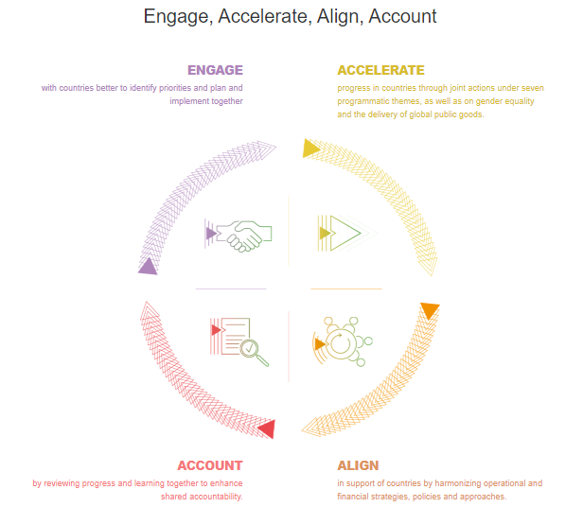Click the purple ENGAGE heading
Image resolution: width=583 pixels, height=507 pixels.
pos(215,70)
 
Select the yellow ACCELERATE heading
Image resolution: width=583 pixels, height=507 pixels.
pos(380,70)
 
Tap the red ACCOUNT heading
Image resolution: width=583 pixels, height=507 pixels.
pos(209,465)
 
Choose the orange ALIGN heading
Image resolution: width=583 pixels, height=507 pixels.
pos(358,465)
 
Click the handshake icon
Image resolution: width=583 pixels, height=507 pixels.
pos(243,236)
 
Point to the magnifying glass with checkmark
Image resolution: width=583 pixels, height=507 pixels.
pos(253,352)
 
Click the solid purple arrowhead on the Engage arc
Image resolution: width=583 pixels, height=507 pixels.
pos(148,267)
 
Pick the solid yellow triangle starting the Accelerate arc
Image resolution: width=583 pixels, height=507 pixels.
pos(309,149)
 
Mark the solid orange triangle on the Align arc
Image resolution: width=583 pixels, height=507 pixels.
pos(430,310)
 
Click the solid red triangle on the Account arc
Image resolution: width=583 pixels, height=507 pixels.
pos(267,429)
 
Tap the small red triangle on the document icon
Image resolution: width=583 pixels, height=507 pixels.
pos(217,330)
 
